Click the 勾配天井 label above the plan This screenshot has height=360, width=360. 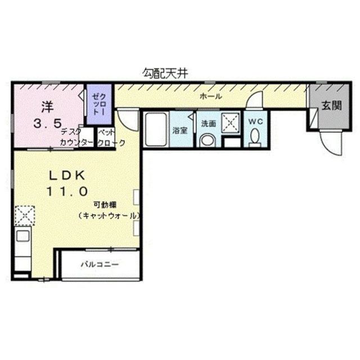click(164, 73)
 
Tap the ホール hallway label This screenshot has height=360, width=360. click(211, 97)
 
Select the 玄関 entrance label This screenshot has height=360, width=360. click(331, 105)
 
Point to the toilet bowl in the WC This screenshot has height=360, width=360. click(255, 137)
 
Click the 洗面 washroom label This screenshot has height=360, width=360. click(208, 123)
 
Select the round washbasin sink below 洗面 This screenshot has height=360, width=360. click(208, 140)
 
